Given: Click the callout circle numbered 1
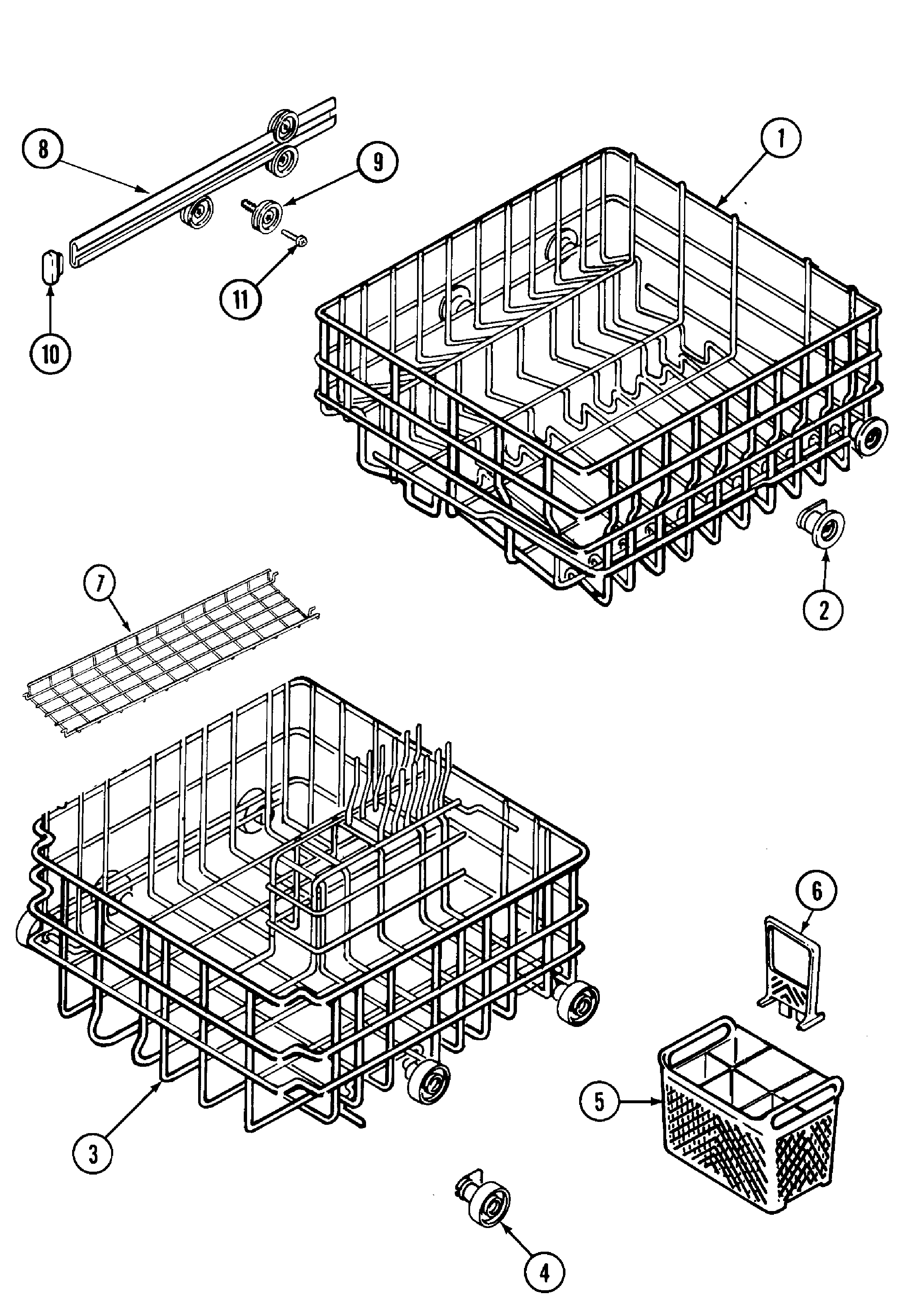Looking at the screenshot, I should click(x=781, y=138).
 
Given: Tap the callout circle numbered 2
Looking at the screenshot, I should click(x=823, y=609).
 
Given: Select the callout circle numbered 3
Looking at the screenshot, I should click(x=93, y=1154).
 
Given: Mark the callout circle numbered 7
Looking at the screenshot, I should click(x=100, y=583).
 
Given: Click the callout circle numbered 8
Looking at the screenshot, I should click(x=44, y=150).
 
